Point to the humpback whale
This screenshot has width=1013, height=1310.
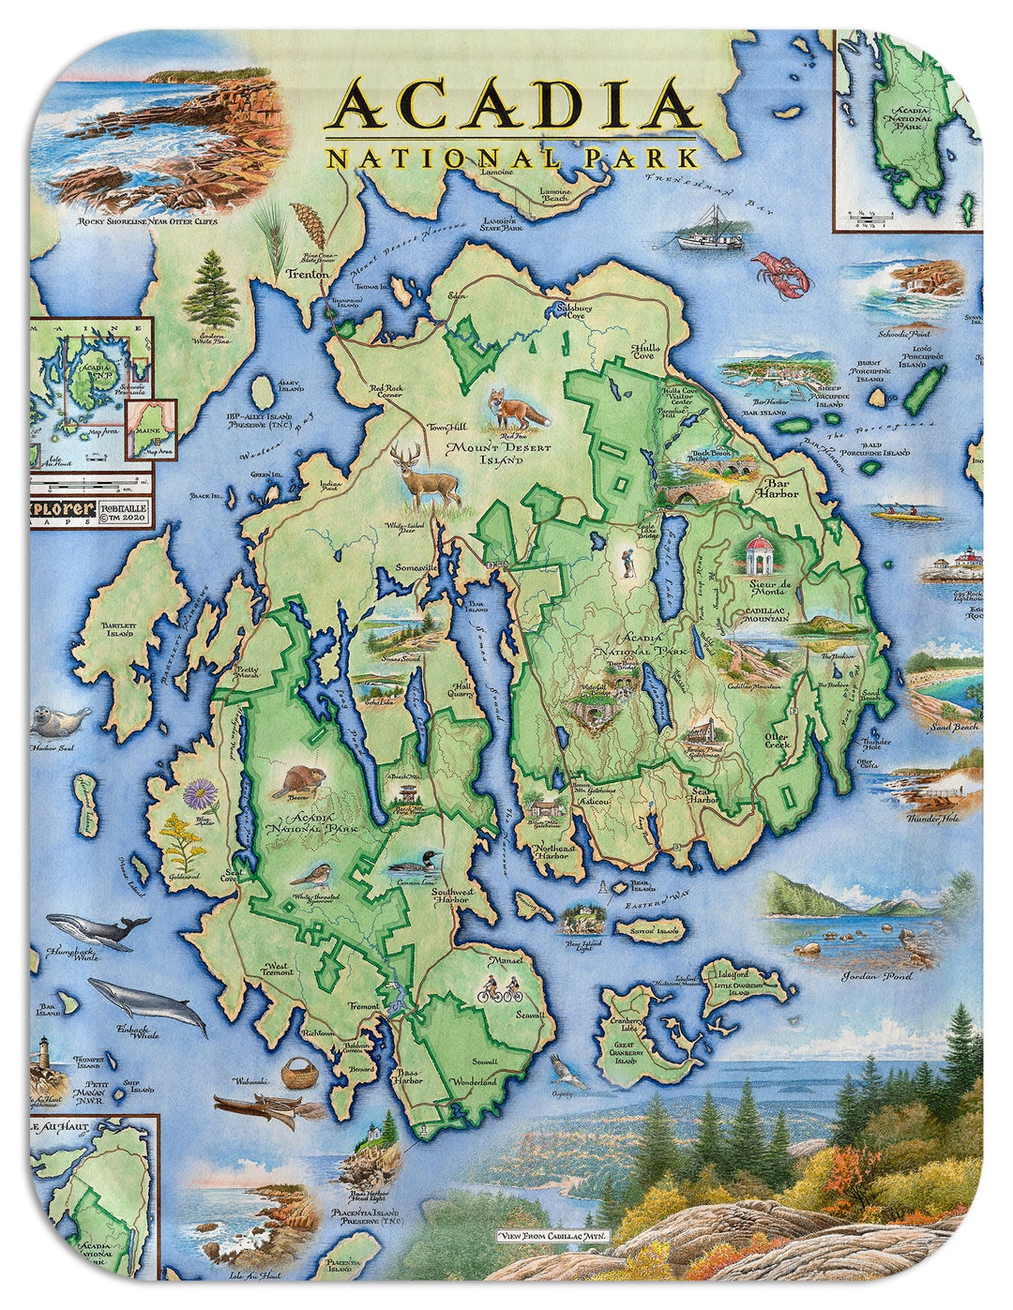click(x=98, y=931)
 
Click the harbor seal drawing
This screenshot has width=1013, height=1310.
click(x=59, y=721)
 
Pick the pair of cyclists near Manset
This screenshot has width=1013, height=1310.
click(x=499, y=988)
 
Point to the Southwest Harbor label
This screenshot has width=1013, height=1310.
click(x=450, y=896)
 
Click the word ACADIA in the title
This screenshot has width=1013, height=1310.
click(x=512, y=106)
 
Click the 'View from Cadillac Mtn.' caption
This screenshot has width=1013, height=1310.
click(x=553, y=1236)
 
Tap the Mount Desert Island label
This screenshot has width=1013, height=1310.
click(x=485, y=453)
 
